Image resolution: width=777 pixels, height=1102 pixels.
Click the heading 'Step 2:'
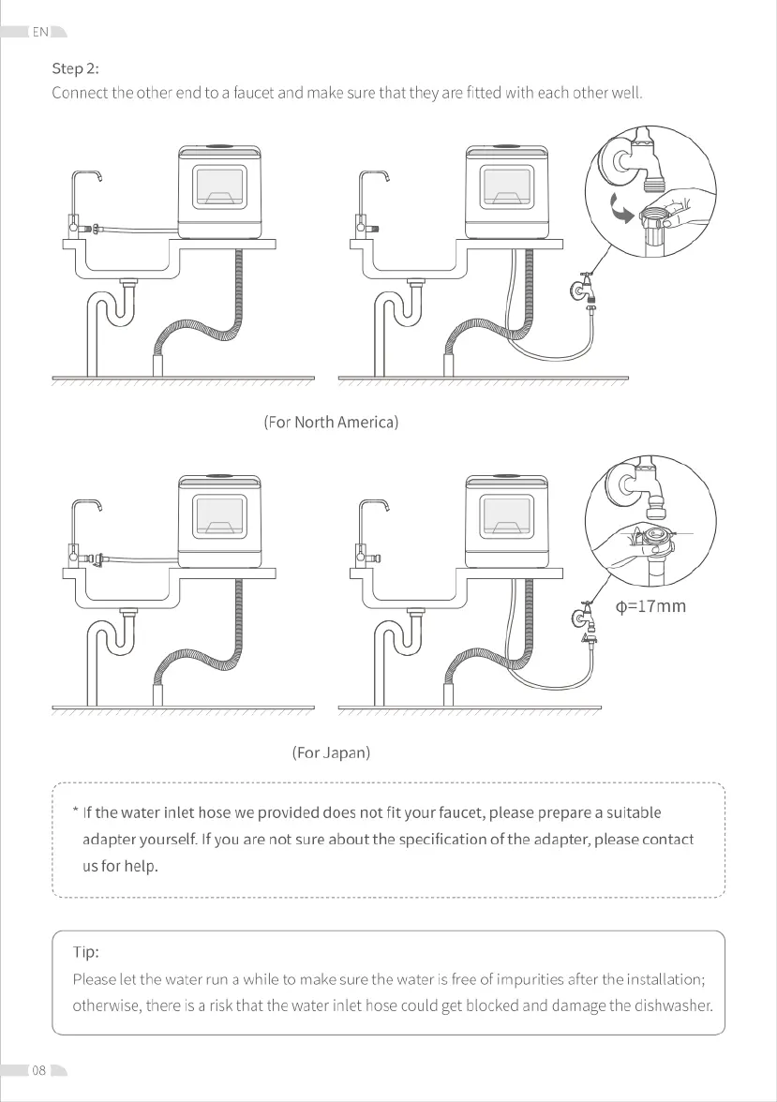(75, 68)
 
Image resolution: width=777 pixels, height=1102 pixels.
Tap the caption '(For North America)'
(331, 422)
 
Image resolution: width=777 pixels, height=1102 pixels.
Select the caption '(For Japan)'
(331, 752)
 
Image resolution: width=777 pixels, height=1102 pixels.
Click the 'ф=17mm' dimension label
(650, 606)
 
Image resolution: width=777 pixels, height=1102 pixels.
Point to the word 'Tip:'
(85, 952)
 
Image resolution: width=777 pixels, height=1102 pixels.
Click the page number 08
(39, 1070)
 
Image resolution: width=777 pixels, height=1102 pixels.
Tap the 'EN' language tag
(40, 32)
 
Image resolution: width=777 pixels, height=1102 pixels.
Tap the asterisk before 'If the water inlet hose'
(75, 811)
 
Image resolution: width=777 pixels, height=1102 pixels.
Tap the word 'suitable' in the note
(634, 812)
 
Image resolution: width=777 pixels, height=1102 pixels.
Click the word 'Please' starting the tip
(95, 979)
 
